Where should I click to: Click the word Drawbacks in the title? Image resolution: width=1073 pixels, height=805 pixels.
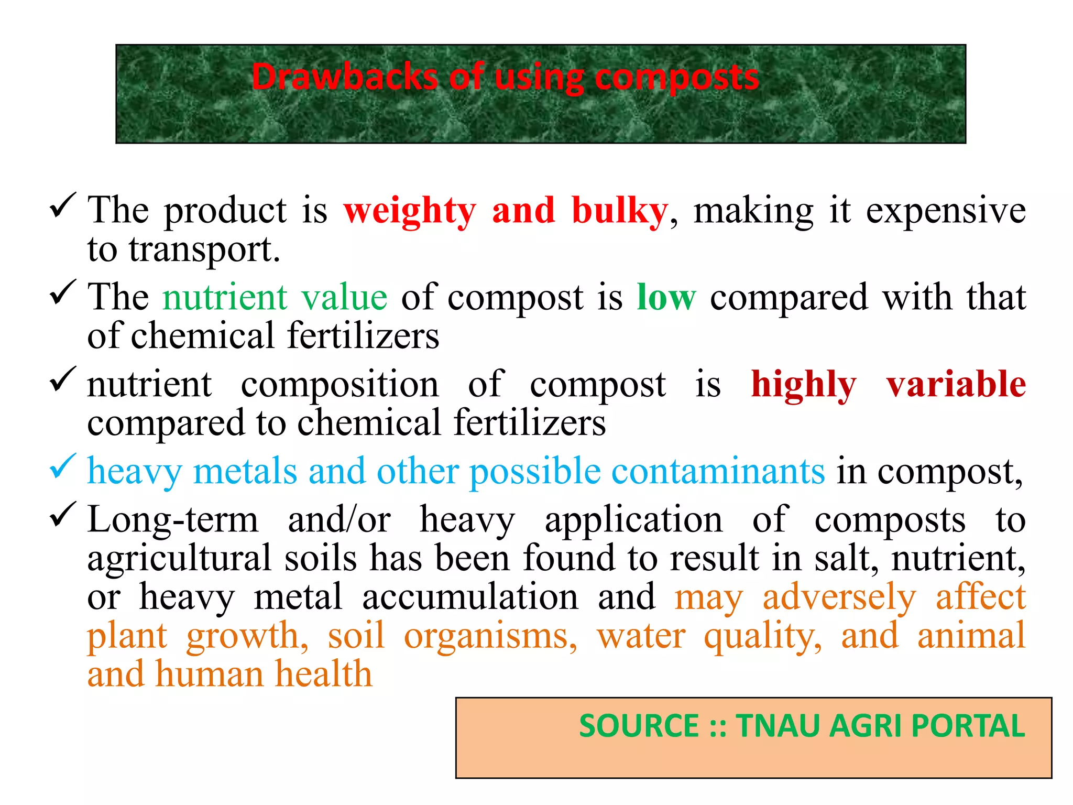(x=344, y=77)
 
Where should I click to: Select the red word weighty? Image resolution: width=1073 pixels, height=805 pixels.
(x=410, y=211)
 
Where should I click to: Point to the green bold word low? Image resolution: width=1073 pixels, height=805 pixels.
(x=666, y=297)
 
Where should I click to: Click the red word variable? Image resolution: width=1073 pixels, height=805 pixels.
(x=956, y=384)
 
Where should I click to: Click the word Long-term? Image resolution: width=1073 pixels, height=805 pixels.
(x=173, y=520)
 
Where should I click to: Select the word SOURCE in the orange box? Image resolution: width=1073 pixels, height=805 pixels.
(x=639, y=726)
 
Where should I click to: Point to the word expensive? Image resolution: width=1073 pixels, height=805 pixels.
(x=946, y=211)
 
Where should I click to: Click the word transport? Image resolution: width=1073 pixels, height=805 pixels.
(x=204, y=249)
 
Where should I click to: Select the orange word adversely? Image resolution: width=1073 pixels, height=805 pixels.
(x=839, y=597)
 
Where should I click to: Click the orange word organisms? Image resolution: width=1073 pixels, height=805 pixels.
(x=490, y=636)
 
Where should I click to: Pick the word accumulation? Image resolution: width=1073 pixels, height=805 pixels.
(x=470, y=597)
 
